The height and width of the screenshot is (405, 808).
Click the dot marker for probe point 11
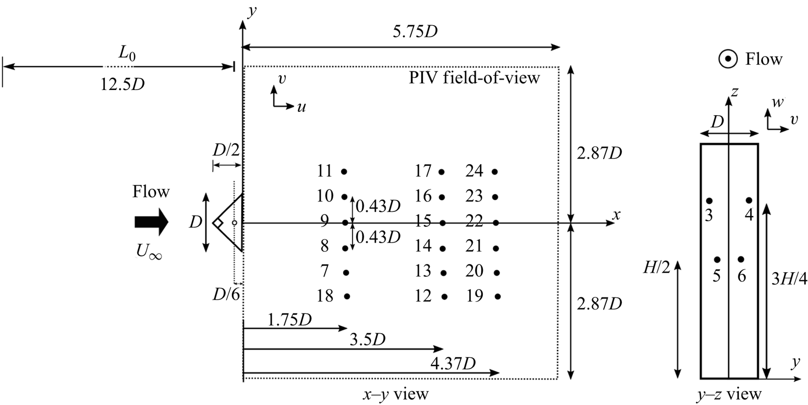point(344,172)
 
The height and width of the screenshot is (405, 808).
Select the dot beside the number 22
point(495,223)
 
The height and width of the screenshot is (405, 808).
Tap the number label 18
point(325,296)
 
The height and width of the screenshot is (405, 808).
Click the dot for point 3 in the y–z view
point(709,201)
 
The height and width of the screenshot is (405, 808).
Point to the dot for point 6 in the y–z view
point(741,260)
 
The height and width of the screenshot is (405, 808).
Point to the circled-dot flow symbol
point(728,59)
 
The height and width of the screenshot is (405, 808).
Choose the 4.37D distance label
point(454,363)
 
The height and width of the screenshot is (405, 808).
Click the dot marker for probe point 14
point(442,248)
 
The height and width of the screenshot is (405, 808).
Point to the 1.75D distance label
point(289,319)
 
